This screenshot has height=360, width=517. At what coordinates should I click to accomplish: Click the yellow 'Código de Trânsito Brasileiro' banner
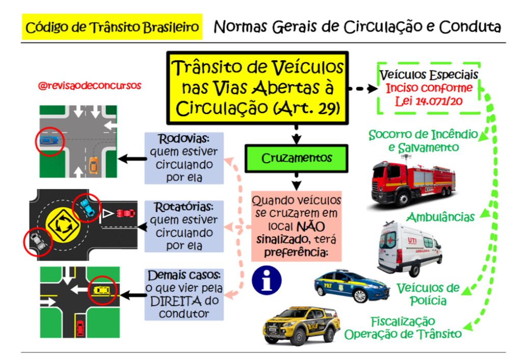(x=112, y=27)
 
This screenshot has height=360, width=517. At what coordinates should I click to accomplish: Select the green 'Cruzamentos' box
(x=296, y=158)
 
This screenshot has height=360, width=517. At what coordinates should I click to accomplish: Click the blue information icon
(x=267, y=278)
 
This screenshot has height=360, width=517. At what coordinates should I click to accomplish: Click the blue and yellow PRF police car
(x=352, y=286)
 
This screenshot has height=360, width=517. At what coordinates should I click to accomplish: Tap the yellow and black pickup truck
(x=302, y=325)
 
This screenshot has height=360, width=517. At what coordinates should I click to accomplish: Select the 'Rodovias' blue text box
(x=184, y=158)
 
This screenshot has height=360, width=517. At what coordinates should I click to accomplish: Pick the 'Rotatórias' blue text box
(x=184, y=226)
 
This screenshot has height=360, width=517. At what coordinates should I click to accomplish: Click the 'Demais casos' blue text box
(x=184, y=294)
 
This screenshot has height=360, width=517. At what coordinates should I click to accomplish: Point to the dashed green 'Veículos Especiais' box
(x=428, y=88)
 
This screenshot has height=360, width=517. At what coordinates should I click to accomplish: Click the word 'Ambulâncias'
(x=441, y=217)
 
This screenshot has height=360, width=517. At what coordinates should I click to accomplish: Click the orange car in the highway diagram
(x=93, y=165)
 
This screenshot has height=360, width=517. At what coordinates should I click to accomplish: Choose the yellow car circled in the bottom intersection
(x=101, y=290)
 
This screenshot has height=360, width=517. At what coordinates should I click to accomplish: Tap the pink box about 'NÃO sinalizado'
(x=296, y=226)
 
